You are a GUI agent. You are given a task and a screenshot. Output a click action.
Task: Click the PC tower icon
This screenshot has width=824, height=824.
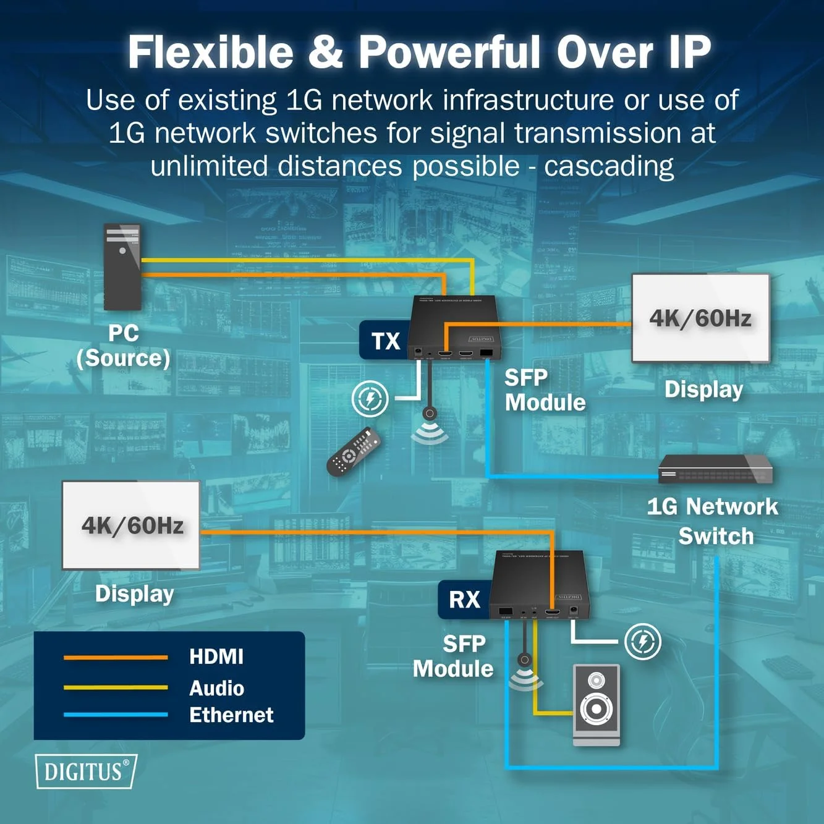click(122, 267)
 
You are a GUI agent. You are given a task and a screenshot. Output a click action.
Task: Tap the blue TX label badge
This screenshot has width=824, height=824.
click(385, 341)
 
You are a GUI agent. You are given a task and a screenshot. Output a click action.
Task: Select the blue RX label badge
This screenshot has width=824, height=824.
click(464, 599)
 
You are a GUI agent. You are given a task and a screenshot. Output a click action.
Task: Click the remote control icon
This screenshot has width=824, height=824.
click(353, 452)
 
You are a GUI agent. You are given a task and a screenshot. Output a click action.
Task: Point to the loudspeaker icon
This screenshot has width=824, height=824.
click(596, 705)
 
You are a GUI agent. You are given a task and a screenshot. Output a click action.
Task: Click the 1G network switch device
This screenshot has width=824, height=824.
click(715, 469)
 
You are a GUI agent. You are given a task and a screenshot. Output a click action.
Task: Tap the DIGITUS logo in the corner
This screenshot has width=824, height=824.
click(85, 771)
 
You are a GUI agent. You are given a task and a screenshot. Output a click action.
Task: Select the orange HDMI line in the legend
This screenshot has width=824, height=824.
click(116, 657)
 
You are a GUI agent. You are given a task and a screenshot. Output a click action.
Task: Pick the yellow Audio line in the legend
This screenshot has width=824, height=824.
click(116, 687)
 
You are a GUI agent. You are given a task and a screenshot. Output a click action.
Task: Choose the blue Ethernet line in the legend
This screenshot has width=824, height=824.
click(116, 715)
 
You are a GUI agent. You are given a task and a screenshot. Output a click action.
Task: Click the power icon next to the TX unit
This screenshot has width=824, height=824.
click(370, 399)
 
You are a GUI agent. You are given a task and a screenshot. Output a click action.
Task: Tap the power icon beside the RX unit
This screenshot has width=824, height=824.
click(642, 642)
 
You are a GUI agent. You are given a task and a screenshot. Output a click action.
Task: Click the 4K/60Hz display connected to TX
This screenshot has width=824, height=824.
click(700, 318)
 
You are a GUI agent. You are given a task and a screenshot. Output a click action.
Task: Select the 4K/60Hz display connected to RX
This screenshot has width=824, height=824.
click(131, 525)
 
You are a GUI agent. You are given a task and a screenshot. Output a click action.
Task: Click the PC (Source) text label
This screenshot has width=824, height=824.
click(123, 346)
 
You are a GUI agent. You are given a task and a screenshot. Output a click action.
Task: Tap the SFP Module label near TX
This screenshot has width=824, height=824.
click(545, 390)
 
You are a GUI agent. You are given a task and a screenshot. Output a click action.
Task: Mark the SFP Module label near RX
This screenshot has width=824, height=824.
click(453, 656)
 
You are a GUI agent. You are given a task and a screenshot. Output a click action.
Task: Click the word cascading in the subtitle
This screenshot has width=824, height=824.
click(609, 166)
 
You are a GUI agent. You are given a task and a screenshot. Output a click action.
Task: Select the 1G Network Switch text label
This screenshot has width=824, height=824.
click(713, 521)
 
